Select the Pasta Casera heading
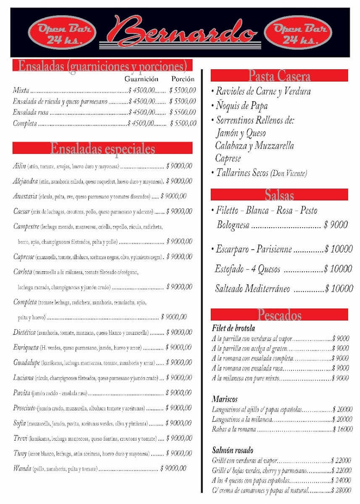click(279, 76)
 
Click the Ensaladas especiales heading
click(102, 148)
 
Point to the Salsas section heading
click(279, 195)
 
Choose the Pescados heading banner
click(279, 315)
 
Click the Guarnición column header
click(142, 79)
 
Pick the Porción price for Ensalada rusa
click(183, 113)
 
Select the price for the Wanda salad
click(173, 468)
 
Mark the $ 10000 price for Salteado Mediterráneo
click(339, 289)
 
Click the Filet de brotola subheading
click(233, 328)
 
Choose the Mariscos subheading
click(224, 399)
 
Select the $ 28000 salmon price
click(341, 490)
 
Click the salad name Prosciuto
click(24, 408)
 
